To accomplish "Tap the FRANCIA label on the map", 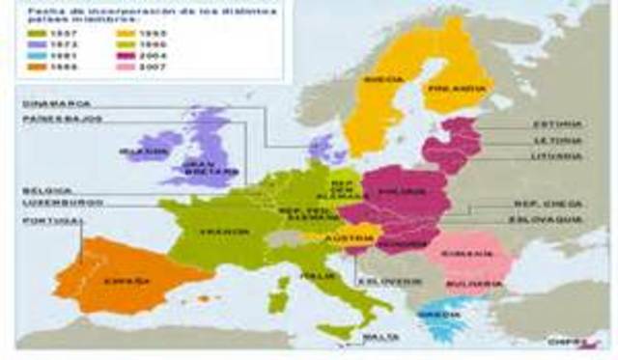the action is (x=215, y=233).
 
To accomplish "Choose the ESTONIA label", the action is (x=558, y=125).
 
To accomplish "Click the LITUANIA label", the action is (x=557, y=155).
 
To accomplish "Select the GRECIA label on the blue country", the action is (x=447, y=314).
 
